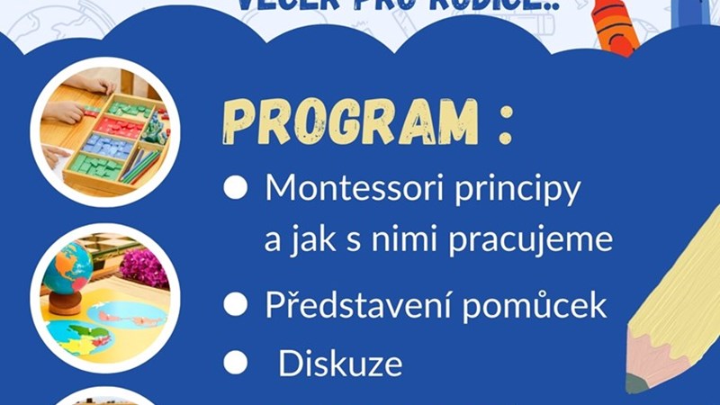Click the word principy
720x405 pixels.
point(523,192)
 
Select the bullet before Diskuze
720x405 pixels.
point(235,363)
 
